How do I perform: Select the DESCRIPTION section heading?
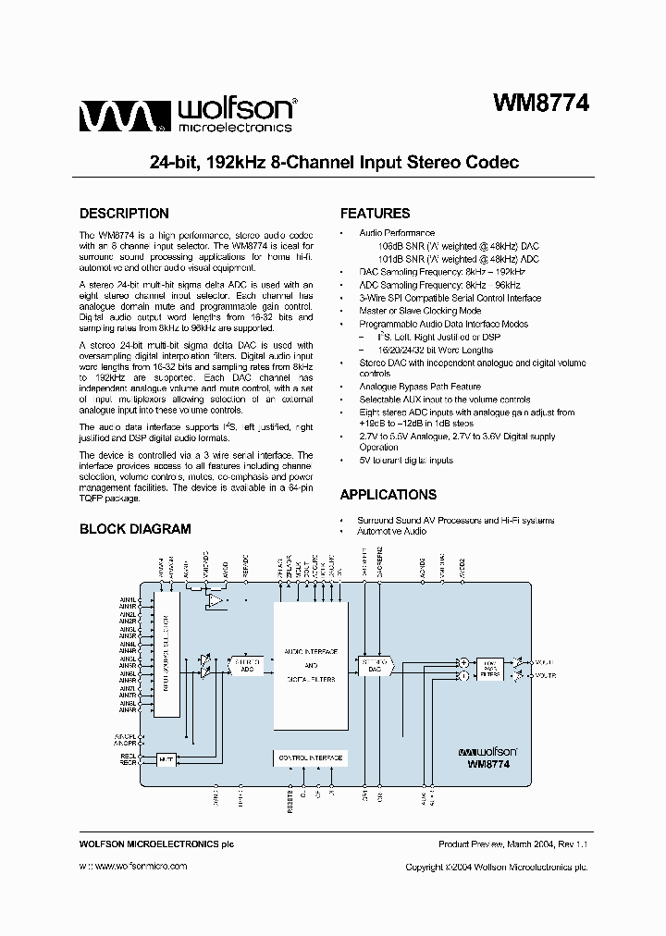(x=124, y=214)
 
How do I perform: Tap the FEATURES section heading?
(x=375, y=214)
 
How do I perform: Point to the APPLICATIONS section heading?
(x=388, y=495)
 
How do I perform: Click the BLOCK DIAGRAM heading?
(x=135, y=529)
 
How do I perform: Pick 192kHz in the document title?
(x=228, y=163)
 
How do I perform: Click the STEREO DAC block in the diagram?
(x=374, y=665)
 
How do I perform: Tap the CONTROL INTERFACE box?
(x=310, y=758)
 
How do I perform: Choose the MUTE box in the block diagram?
(x=166, y=759)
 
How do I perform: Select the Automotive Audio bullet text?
(x=392, y=532)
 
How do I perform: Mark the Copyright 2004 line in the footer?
(x=497, y=867)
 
